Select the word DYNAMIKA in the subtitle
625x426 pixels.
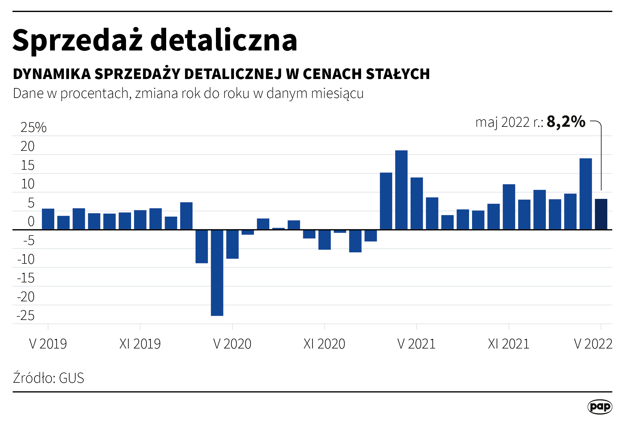point(52,74)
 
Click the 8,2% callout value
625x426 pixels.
point(566,122)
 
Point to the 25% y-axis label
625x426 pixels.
point(33,127)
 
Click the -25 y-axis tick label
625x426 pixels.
point(26,315)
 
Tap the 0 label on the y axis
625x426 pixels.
point(31,221)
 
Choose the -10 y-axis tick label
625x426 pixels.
point(26,259)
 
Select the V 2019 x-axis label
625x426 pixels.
point(48,344)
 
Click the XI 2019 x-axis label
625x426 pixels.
point(140,344)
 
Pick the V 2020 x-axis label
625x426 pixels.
point(232,344)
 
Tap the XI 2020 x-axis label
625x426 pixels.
point(324,344)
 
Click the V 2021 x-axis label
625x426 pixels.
point(416,344)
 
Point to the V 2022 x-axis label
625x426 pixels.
point(593,344)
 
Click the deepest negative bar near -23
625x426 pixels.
point(217,272)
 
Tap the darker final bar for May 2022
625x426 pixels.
point(601,214)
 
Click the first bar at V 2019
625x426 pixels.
point(48,219)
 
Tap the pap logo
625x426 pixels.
point(600,407)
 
